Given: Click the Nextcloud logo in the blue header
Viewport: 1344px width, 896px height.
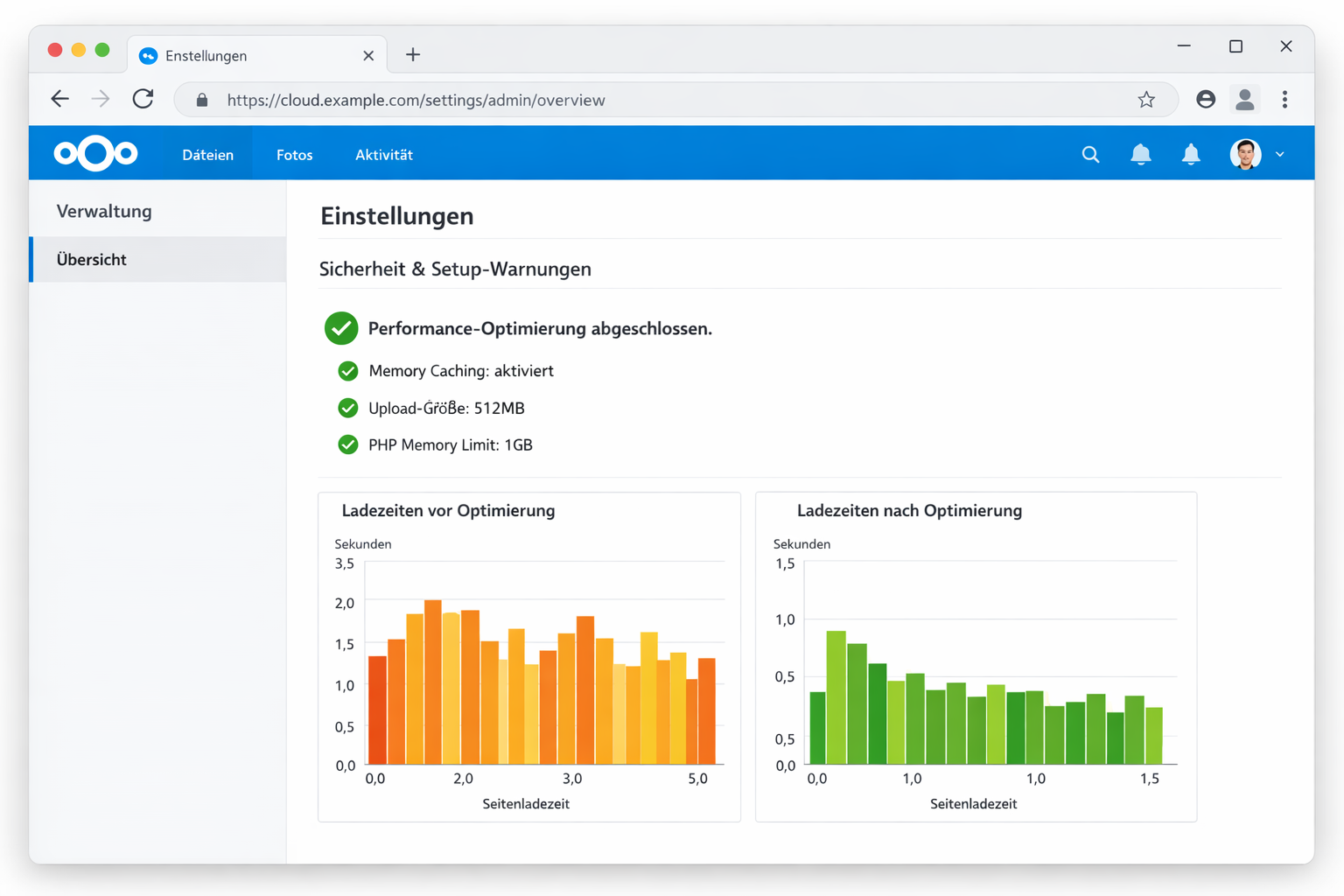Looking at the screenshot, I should click(x=95, y=154).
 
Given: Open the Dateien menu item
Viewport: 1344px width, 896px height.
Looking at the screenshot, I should click(x=207, y=155).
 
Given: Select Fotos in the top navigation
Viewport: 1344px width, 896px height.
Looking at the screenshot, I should click(x=294, y=155).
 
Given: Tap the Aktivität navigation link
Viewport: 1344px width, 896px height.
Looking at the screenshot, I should click(x=383, y=155).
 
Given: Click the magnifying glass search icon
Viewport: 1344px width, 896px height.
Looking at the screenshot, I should click(x=1090, y=155).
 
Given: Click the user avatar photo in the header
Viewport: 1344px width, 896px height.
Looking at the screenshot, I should click(x=1244, y=155).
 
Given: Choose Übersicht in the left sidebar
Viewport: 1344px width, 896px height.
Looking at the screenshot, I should click(x=92, y=260).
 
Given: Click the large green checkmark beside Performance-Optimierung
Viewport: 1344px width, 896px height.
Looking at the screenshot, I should click(x=341, y=329).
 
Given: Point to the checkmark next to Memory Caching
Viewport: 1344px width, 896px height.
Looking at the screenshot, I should click(x=348, y=371).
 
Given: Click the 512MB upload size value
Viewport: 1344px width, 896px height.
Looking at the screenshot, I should click(x=499, y=409).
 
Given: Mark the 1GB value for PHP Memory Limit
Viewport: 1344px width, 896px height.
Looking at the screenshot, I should click(x=518, y=445).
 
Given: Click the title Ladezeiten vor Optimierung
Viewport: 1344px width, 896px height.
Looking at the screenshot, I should click(x=448, y=511).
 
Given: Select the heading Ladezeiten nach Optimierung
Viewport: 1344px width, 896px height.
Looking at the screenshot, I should click(x=909, y=511).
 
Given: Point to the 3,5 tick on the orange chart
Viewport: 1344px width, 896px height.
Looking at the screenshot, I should click(x=345, y=564).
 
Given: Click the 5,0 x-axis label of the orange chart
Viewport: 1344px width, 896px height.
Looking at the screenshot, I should click(x=697, y=779).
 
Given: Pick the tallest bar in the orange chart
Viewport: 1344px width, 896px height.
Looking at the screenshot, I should click(x=432, y=682).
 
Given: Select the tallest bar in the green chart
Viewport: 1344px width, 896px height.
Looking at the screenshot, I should click(x=836, y=697).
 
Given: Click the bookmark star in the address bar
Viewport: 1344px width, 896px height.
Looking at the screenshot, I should click(x=1146, y=100).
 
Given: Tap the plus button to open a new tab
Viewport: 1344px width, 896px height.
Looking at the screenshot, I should click(x=413, y=55).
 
